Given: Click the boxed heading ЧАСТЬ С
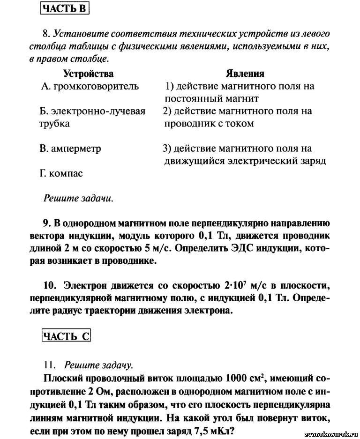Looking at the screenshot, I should pyautogui.click(x=66, y=336).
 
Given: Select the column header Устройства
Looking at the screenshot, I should pyautogui.click(x=88, y=74).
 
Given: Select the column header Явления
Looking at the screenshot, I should pyautogui.click(x=245, y=74).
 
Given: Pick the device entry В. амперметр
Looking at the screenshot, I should pyautogui.click(x=70, y=149).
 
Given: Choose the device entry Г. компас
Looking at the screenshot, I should pyautogui.click(x=61, y=173).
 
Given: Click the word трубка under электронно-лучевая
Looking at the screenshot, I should pyautogui.click(x=54, y=124).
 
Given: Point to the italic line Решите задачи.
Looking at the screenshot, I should pyautogui.click(x=78, y=198).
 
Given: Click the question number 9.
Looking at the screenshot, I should pyautogui.click(x=46, y=223).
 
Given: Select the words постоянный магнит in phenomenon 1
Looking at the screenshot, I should pyautogui.click(x=211, y=99).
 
